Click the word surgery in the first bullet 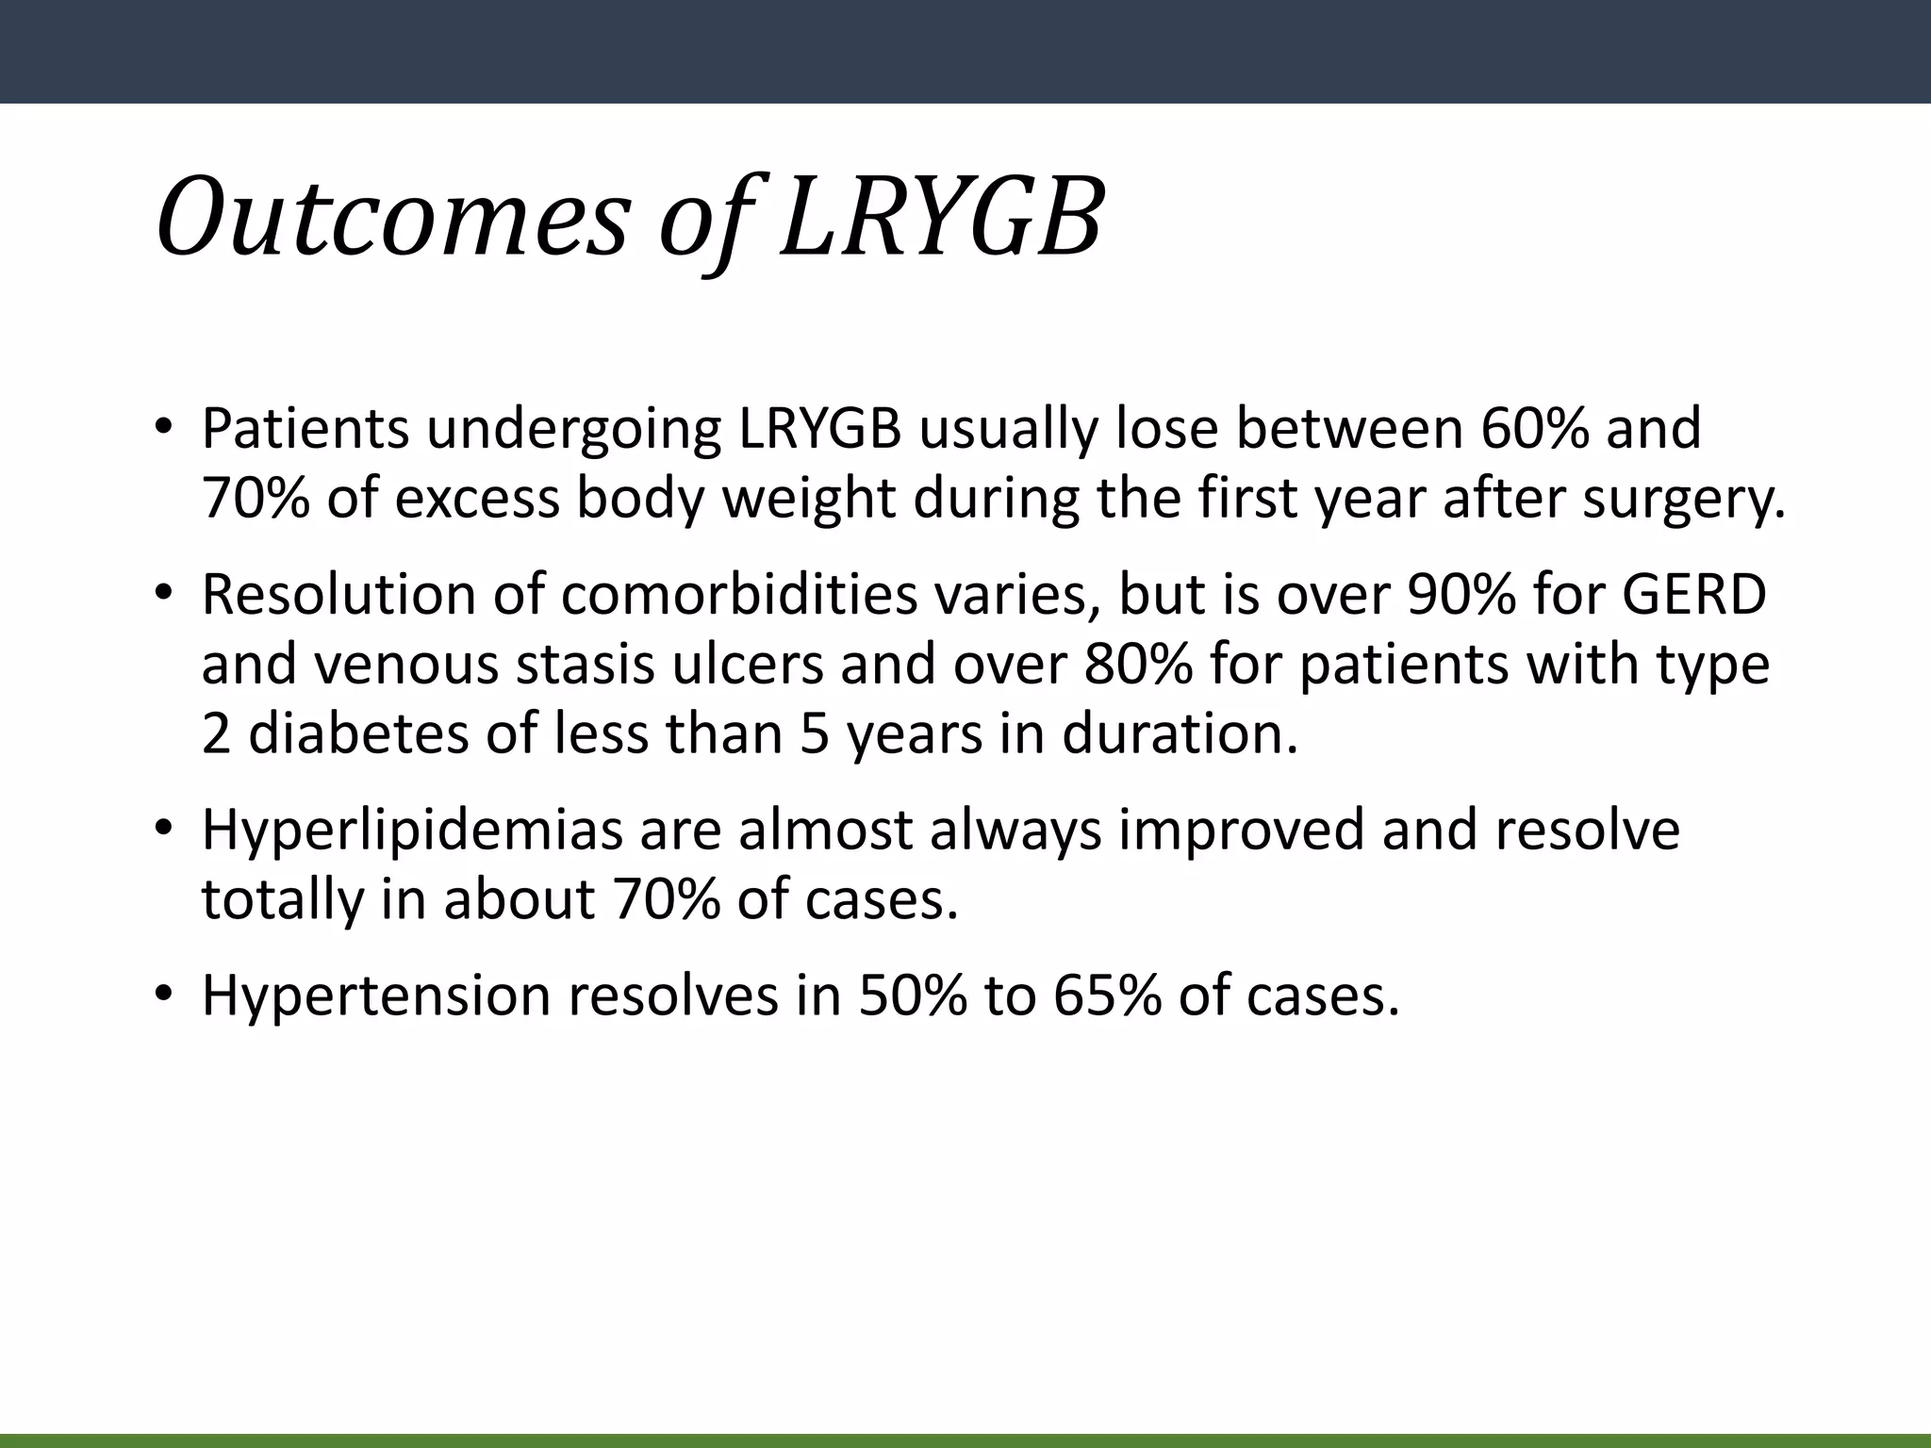[x=1681, y=499]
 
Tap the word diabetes [x=358, y=734]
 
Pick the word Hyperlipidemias [x=413, y=830]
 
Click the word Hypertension [x=375, y=995]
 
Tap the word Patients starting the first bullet [x=305, y=428]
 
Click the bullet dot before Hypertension [x=164, y=995]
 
